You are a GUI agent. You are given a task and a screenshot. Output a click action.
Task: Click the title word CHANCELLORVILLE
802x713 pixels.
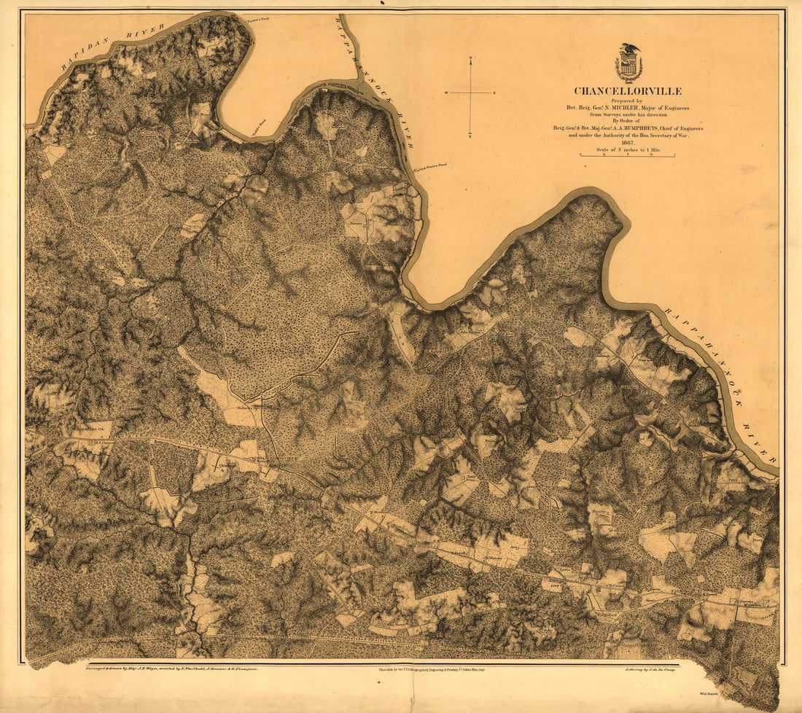click(628, 91)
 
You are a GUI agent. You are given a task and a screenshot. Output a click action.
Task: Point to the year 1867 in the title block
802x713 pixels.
click(628, 143)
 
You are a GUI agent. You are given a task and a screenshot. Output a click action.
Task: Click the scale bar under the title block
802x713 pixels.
click(627, 155)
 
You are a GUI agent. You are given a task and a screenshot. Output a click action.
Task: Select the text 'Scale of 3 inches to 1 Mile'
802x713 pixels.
click(628, 149)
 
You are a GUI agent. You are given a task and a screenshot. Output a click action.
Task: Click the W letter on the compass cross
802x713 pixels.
click(446, 93)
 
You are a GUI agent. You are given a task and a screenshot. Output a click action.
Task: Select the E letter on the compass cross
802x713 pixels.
click(496, 93)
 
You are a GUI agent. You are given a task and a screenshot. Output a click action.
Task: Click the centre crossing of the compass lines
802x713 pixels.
click(471, 93)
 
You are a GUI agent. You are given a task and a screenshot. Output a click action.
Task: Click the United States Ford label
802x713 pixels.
click(430, 166)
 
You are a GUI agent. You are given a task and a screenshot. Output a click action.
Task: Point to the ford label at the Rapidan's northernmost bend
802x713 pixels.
click(259, 18)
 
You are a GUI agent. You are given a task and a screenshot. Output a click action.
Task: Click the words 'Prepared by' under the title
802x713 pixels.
click(628, 101)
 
